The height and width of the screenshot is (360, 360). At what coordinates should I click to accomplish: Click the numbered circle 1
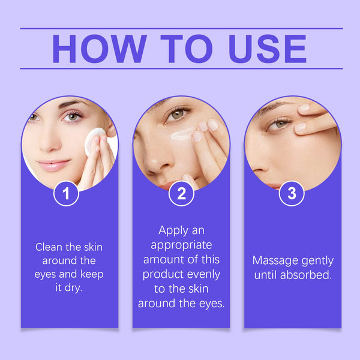click(67, 193)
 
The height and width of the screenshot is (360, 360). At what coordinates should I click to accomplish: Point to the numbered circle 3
click(292, 193)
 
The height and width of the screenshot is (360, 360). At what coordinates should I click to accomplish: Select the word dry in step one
click(75, 288)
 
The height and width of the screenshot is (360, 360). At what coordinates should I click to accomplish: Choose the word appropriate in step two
click(181, 245)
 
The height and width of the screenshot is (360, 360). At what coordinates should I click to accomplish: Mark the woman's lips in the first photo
click(56, 164)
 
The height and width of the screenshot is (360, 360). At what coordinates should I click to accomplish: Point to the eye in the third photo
click(278, 124)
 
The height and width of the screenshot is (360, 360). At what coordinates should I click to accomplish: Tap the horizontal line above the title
click(181, 28)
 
